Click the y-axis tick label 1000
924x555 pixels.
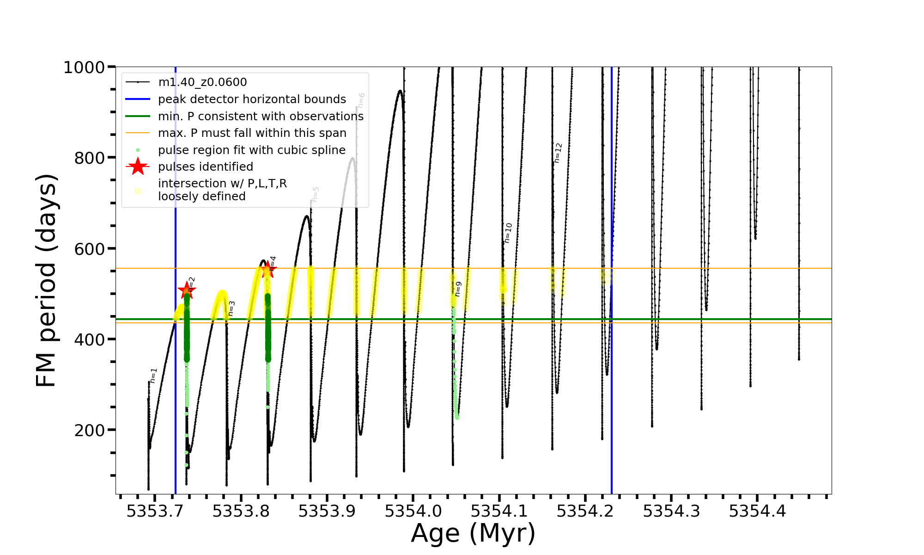point(84,68)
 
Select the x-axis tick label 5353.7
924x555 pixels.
point(155,511)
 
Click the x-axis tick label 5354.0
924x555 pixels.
point(413,511)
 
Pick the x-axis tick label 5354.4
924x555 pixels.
point(757,511)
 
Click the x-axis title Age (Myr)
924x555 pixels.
point(473,533)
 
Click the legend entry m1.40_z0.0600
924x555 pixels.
point(202,82)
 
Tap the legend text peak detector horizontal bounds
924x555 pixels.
point(252,99)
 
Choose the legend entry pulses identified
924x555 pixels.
point(206,167)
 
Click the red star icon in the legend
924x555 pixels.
point(138,166)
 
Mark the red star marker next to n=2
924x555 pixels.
point(187,290)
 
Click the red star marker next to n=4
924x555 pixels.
point(267,270)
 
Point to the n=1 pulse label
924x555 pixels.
point(153,376)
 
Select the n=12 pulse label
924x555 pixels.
point(558,153)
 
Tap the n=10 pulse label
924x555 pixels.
point(508,233)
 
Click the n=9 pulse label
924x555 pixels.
point(458,289)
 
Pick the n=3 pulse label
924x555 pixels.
point(231,308)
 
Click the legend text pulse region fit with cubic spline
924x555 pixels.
point(252,150)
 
